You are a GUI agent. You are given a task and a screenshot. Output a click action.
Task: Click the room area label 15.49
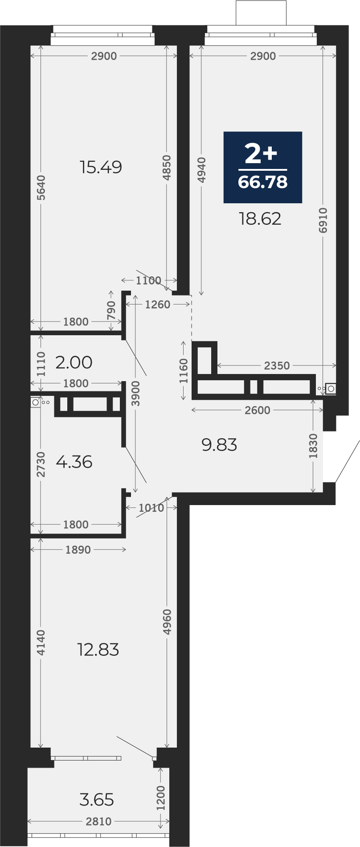point(101,168)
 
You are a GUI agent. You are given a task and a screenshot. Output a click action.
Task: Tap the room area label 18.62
point(260,219)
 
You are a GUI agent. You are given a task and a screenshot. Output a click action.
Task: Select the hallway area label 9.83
point(219,444)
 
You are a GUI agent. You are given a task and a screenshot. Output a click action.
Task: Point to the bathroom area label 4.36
point(74,461)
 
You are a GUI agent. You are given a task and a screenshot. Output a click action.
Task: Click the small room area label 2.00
point(74,362)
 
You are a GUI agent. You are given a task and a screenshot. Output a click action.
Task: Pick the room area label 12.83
point(98,650)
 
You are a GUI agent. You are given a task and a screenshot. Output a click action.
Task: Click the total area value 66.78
point(263,182)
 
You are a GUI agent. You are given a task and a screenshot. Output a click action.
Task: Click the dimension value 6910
point(323,220)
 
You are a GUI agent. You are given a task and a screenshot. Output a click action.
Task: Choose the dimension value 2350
point(277,366)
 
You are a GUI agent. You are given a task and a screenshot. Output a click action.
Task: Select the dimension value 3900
point(136,393)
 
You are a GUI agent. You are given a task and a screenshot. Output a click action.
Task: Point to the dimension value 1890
point(78,550)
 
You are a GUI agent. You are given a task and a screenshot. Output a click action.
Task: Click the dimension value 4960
point(167,622)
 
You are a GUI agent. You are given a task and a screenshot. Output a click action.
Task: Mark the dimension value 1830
point(314,446)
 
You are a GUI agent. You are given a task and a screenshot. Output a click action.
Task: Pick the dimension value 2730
point(41,465)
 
